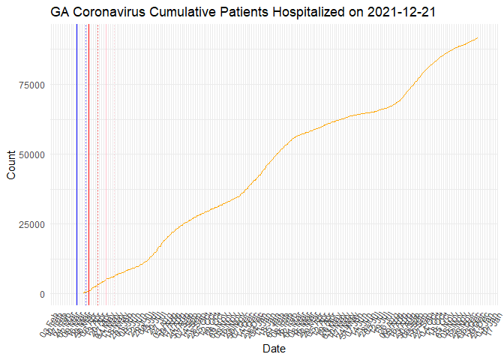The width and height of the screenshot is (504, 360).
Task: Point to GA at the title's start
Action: [x=61, y=12]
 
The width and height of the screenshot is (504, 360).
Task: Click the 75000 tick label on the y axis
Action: [x=32, y=85]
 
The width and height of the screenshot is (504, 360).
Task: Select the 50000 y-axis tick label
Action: [x=32, y=154]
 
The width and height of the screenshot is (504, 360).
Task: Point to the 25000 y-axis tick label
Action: [x=32, y=224]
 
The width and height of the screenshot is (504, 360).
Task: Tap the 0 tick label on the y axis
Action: [x=42, y=294]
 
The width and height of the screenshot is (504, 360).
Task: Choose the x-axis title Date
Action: [x=274, y=349]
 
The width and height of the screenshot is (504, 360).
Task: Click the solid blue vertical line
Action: [x=76, y=165]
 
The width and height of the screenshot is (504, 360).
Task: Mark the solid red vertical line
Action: [x=88, y=165]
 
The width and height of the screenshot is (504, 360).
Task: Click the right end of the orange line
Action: [x=478, y=37]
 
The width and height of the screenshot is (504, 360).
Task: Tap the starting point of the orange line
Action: [x=82, y=293]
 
